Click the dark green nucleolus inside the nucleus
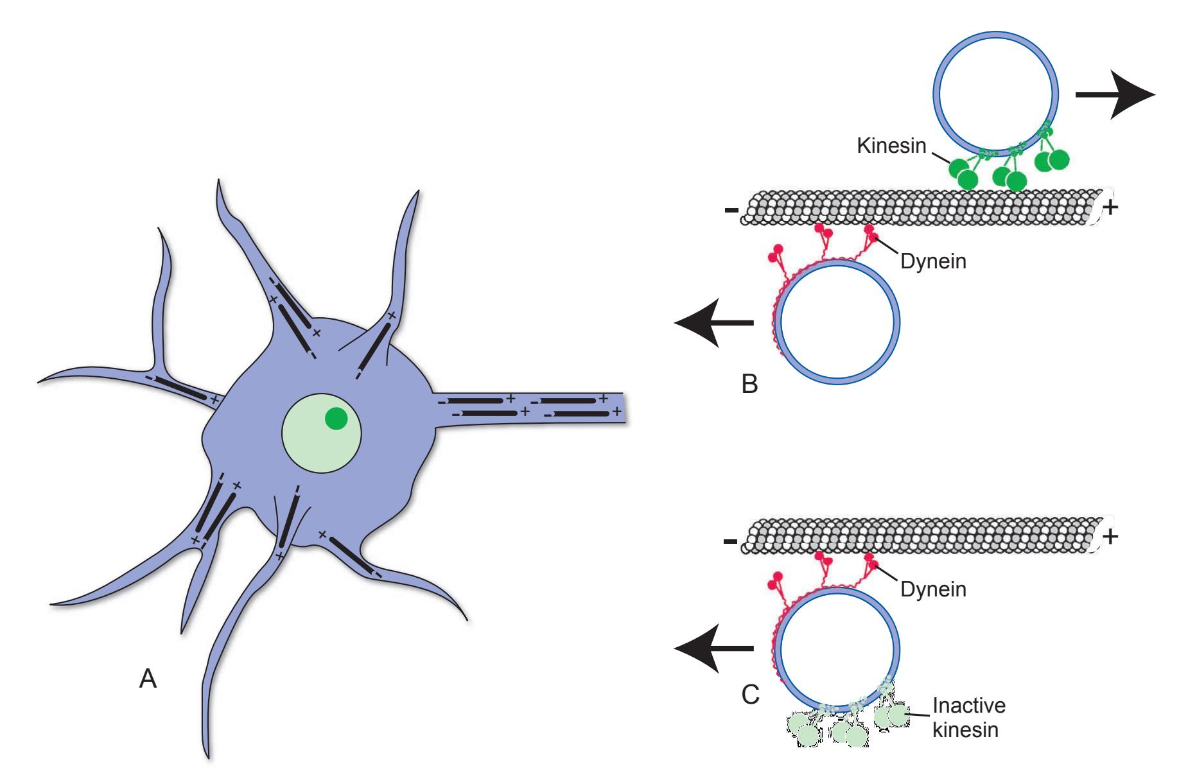pos(336,418)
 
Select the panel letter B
pos(749,384)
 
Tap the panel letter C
pos(750,694)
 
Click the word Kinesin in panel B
pos(891,146)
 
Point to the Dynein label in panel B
pos(933,261)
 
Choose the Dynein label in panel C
pos(933,589)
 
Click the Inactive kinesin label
pos(968,718)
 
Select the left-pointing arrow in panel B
pos(713,322)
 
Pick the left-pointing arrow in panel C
pos(713,648)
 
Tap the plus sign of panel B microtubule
pos(1110,207)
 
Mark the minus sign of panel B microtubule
pos(731,210)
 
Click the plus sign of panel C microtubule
pos(1110,535)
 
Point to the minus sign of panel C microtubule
pos(730,542)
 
